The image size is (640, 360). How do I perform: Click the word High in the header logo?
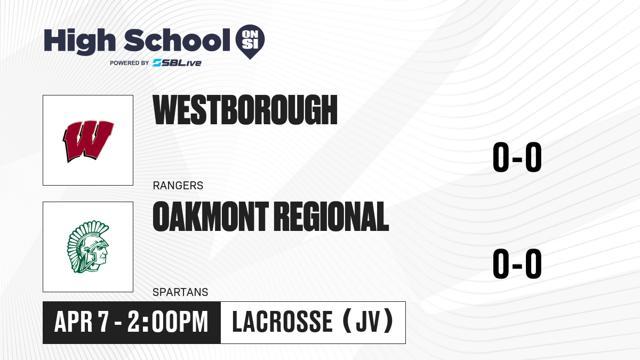[x=79, y=42]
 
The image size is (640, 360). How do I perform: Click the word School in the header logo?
[x=177, y=40]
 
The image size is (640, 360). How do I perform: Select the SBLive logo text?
[x=177, y=62]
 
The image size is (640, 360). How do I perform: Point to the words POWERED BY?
[x=130, y=63]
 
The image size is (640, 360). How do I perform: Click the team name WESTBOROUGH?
[x=245, y=110]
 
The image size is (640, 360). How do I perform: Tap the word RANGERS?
[x=178, y=186]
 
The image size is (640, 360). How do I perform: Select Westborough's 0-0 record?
[x=517, y=157]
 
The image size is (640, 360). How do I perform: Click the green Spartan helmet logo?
[x=88, y=247]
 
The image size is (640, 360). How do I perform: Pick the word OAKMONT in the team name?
[x=211, y=217]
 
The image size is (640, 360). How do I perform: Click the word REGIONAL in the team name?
[x=333, y=217]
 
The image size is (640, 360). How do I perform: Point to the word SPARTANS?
[x=180, y=292]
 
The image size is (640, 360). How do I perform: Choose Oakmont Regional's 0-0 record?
[x=517, y=263]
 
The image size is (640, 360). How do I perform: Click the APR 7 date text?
[x=82, y=322]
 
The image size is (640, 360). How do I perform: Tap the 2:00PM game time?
[x=167, y=322]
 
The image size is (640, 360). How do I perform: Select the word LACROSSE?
[x=282, y=322]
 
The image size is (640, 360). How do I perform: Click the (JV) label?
[x=368, y=322]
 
